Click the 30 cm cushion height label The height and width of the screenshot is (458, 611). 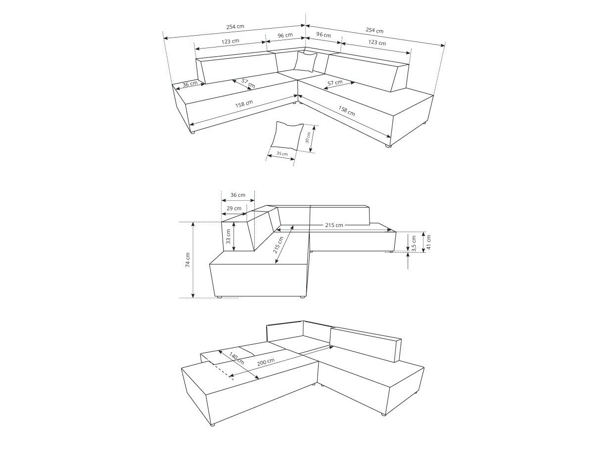[x=309, y=137]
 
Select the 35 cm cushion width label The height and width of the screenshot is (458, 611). [x=282, y=154]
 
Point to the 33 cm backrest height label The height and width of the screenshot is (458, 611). [x=228, y=236]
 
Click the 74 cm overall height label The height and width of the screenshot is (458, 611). [x=188, y=260]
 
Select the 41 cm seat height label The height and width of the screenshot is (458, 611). [x=428, y=242]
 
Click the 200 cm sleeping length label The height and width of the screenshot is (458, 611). [x=266, y=362]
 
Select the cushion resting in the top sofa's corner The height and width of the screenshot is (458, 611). [x=306, y=61]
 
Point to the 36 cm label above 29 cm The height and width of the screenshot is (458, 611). [x=237, y=195]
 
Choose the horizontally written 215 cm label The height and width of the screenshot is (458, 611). [x=334, y=225]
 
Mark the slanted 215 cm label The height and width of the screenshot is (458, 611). [x=278, y=245]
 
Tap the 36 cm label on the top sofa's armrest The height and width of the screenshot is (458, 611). [x=189, y=84]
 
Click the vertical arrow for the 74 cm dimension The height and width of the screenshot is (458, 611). [x=193, y=260]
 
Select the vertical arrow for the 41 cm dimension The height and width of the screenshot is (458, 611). [x=424, y=242]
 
